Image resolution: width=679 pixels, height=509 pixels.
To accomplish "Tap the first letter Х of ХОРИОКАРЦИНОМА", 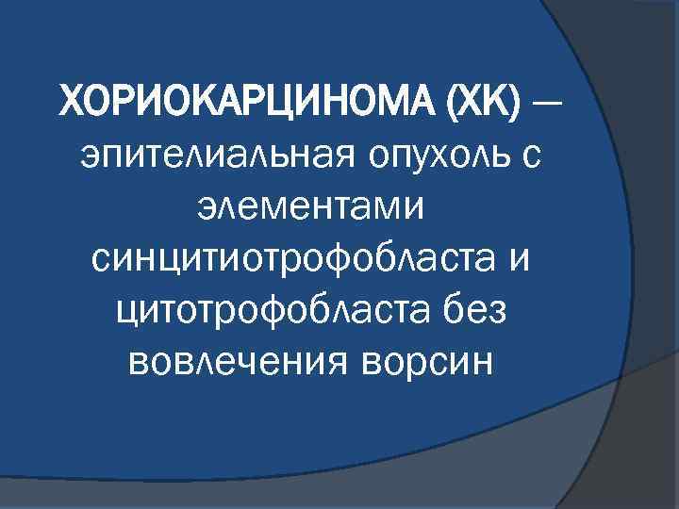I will pos(71,99).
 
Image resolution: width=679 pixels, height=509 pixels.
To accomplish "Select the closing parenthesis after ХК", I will pos(519,99).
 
